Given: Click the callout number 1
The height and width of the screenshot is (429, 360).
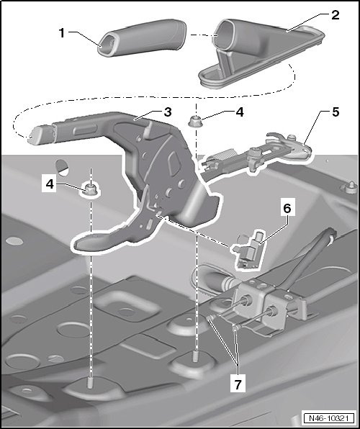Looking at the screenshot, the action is pos(62,33).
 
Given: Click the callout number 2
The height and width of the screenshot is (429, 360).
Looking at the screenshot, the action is pos(335,15).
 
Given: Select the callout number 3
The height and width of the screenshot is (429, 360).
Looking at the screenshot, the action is pos(168,112).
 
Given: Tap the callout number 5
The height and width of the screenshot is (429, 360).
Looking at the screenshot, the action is pos(336,112).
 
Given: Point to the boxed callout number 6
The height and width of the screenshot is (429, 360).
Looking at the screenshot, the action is pos(287,208).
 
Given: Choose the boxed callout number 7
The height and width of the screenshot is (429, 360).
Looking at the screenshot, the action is pos(238,385).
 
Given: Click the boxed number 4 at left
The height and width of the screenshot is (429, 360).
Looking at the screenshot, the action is pos(49,184).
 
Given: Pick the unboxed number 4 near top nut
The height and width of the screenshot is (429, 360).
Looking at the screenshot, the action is pos(240,112).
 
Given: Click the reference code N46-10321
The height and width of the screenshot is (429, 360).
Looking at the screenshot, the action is pos(328,418).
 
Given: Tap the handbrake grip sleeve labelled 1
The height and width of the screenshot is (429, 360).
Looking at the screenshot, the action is pos(143,37).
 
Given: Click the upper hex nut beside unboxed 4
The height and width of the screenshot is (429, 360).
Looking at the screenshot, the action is pos(194,121).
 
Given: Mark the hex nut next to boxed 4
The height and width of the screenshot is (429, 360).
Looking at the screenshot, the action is pos(90,189).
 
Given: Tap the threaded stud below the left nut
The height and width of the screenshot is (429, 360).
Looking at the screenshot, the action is pos(89,382).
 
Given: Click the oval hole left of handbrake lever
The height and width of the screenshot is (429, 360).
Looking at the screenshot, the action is pos(63,168).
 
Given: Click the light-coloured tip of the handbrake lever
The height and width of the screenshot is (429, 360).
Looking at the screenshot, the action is pos(37,135).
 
